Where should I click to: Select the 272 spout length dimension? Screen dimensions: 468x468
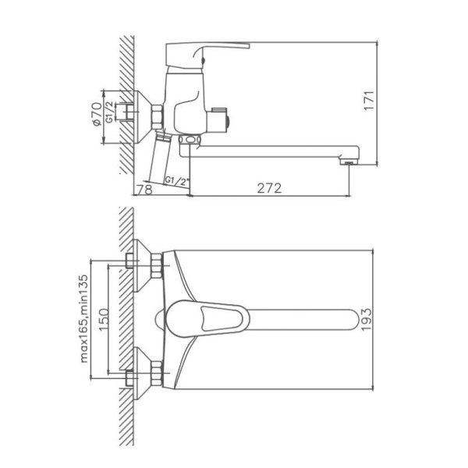[x=268, y=187]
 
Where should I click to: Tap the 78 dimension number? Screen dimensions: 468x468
[x=143, y=187]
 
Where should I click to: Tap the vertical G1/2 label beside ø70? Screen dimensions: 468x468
[x=110, y=114]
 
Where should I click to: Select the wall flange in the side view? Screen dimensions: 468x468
[x=139, y=115]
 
